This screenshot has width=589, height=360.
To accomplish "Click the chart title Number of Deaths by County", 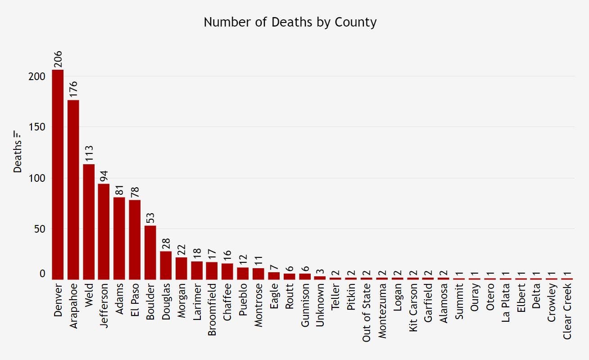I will coord(290,22).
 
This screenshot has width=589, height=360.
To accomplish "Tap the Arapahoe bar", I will coord(73,189).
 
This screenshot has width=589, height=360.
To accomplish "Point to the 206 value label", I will coord(58,59).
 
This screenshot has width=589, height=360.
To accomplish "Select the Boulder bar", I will coord(150,252).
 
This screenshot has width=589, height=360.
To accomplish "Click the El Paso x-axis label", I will coord(135,301).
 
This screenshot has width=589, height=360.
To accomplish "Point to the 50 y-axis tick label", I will coord(40,229).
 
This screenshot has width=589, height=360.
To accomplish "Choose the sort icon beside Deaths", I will coord(18,134).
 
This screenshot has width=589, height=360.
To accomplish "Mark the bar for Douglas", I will coord(166,265).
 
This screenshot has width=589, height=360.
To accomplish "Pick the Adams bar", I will coord(119,238).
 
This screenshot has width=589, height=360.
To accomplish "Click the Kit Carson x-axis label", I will coord(412,306).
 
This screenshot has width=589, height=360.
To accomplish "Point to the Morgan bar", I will coord(181,268).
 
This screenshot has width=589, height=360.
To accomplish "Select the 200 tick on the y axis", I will coord(36,76).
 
